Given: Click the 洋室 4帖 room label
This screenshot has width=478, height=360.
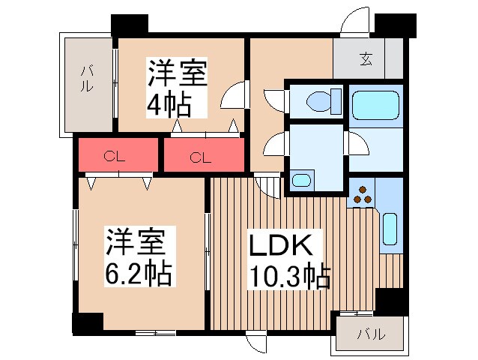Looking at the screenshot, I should tap(178, 89).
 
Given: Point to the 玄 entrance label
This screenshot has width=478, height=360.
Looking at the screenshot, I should tap(366, 58).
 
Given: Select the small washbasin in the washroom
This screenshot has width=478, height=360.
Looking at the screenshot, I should tap(301, 180).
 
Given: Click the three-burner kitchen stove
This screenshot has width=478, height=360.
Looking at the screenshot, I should tap(363, 194).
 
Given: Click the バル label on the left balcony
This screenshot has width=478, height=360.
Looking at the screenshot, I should tap(88, 79).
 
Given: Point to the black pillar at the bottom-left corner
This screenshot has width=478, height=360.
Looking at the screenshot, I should tap(87, 323).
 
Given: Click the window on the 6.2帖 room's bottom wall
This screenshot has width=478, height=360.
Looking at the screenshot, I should tap(155, 331).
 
